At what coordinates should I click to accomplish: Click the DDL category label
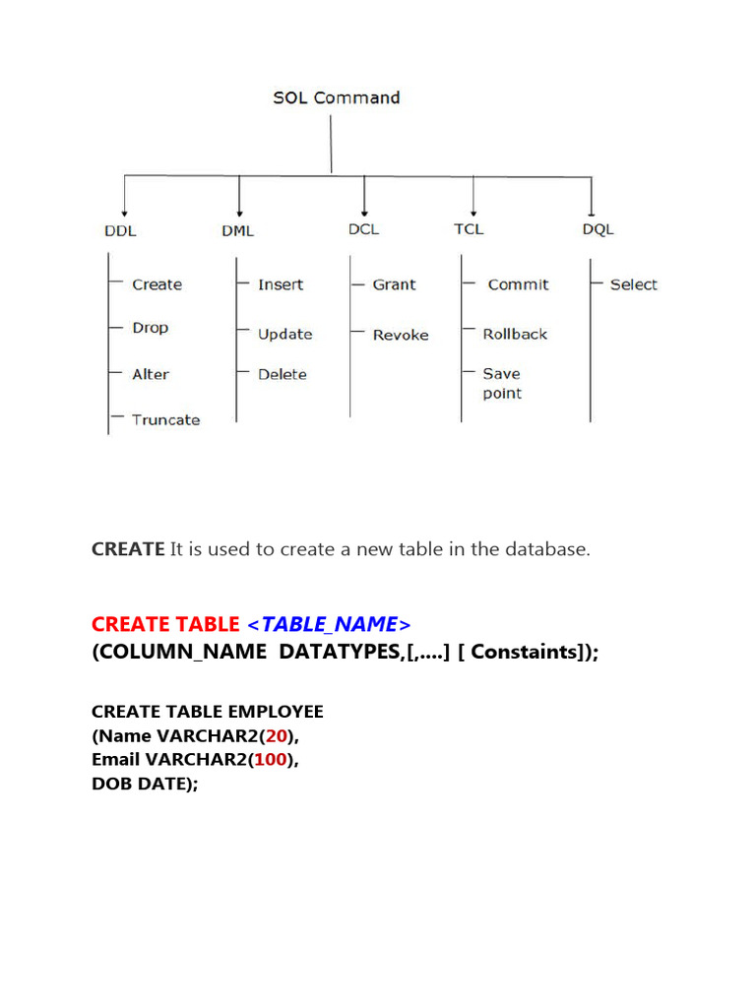coord(120,230)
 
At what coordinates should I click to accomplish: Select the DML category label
coord(238,230)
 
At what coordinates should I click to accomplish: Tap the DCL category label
coord(364,229)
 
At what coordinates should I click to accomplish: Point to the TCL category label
coord(469,229)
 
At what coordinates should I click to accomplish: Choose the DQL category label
coord(598,229)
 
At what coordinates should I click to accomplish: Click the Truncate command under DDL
coord(165,419)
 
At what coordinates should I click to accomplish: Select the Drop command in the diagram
coord(151,328)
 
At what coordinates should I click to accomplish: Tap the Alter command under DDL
coord(151,374)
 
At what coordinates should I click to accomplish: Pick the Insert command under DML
coord(281,284)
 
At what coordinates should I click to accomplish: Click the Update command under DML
coord(284,335)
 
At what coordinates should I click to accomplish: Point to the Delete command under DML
coord(283,374)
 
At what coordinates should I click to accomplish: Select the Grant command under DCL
coord(394,284)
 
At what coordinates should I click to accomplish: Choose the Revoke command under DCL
coord(401,335)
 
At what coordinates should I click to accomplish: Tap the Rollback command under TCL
coord(515,335)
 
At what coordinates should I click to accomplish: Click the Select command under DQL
coord(633,284)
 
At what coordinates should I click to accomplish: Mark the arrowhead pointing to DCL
coord(364,214)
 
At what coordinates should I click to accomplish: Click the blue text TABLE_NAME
coord(329,624)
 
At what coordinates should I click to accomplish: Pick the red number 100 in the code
coord(270,760)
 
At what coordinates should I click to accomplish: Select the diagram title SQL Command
coord(337,97)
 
